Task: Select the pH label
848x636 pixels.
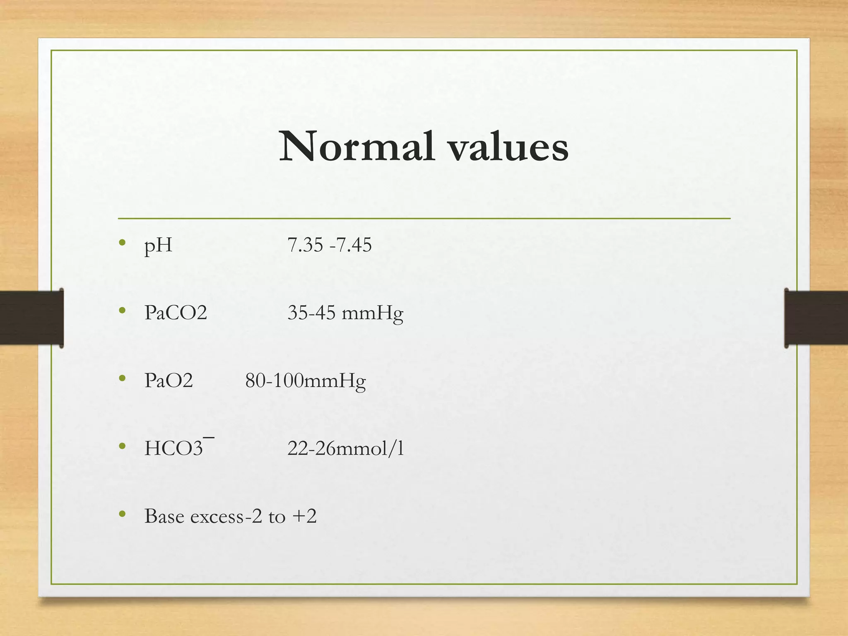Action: click(158, 245)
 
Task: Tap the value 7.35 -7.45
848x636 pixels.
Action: click(330, 245)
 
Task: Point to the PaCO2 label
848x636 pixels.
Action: click(176, 313)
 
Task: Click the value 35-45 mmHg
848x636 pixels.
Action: click(345, 313)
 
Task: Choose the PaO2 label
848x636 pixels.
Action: click(169, 381)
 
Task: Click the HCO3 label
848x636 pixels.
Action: click(174, 448)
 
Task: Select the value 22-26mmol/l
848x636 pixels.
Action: click(345, 448)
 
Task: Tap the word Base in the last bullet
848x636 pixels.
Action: click(164, 516)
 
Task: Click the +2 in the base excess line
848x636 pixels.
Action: click(304, 516)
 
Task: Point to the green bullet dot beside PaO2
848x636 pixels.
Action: click(122, 378)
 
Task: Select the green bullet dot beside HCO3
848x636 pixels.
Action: click(122, 446)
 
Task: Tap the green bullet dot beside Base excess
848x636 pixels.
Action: click(122, 514)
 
